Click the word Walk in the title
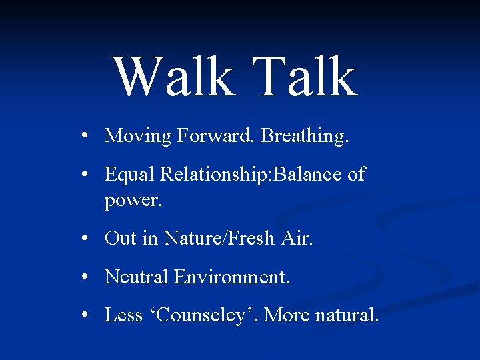coord(172,77)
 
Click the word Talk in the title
coord(304,77)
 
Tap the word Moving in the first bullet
coord(138,137)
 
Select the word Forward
coord(216,136)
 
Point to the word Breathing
coord(305,137)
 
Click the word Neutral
coord(137,276)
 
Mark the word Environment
coord(231,276)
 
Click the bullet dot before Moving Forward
coord(87,137)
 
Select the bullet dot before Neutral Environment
coord(87,276)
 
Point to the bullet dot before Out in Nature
coord(87,238)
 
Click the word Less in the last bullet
coord(123,315)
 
